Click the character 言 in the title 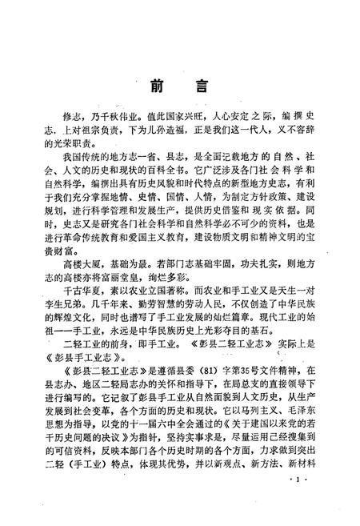tap(202, 86)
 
